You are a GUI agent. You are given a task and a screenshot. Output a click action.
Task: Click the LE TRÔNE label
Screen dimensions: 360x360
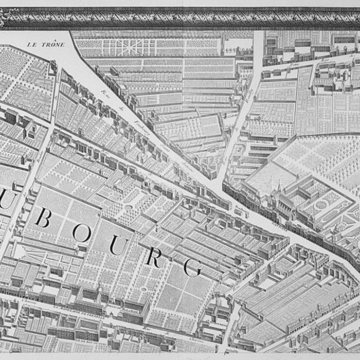[46, 45]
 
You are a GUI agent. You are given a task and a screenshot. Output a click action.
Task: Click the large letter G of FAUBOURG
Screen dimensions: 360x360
[193, 267]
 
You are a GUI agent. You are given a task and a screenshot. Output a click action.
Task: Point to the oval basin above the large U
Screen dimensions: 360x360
[129, 207]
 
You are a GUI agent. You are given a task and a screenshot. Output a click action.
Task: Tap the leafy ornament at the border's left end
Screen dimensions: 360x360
[5, 20]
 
